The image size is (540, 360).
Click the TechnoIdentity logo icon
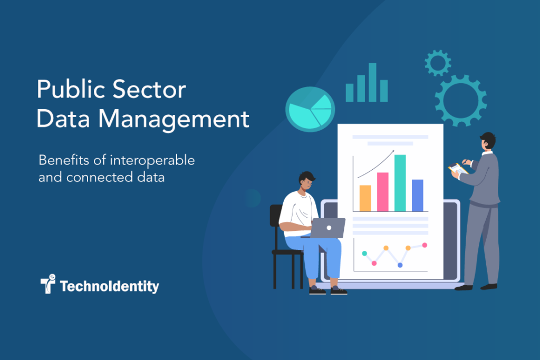[x=48, y=284]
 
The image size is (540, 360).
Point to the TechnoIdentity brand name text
[x=109, y=286]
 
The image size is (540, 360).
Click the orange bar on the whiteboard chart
[x=365, y=198]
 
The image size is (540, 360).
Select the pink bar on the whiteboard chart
[x=382, y=192]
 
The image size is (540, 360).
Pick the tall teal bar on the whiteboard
[x=400, y=183]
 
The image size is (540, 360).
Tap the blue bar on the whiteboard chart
[x=417, y=195]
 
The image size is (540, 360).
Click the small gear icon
[x=438, y=63]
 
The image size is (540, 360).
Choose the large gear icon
[x=460, y=100]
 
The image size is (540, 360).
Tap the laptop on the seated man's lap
[x=327, y=228]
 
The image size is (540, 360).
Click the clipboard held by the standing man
[x=458, y=169]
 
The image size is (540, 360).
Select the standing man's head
[x=488, y=141]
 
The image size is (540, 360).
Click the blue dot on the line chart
[x=400, y=265]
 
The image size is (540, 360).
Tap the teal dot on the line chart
[x=364, y=254]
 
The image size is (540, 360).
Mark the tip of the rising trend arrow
[x=393, y=151]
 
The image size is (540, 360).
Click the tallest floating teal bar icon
[x=372, y=82]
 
